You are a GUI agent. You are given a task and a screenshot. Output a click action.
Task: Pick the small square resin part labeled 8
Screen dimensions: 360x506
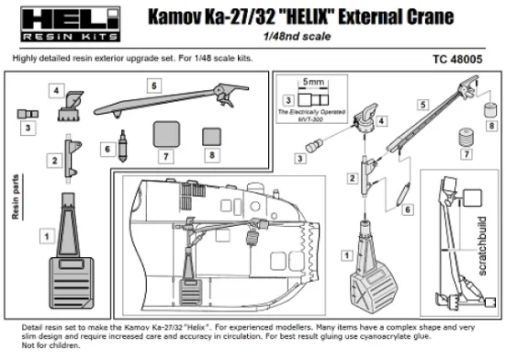(x=212, y=134)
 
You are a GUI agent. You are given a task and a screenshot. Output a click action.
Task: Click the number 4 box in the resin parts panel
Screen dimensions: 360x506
(x=57, y=92)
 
